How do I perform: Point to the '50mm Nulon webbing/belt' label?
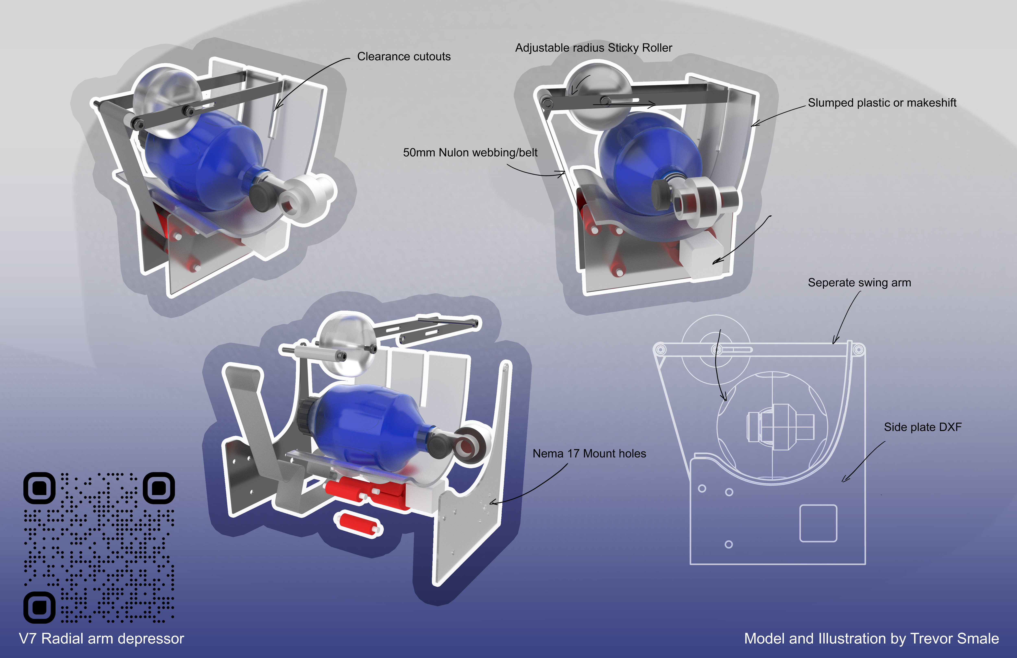point(470,153)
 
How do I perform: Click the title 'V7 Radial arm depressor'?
point(101,638)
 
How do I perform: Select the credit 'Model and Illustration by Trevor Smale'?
point(871,638)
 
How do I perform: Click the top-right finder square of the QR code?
point(158,488)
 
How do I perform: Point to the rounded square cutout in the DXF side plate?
point(818,523)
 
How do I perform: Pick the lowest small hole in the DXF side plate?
point(729,544)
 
